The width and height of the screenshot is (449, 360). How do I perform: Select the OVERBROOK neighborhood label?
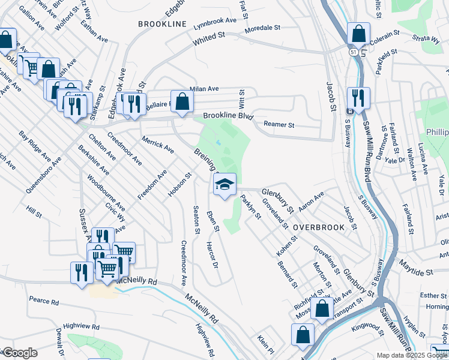[x=319, y=228]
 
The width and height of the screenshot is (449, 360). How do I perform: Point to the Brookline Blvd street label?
[x=228, y=115]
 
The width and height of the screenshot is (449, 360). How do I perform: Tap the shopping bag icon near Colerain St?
[x=358, y=35]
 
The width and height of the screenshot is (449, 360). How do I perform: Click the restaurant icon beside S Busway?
[x=358, y=98]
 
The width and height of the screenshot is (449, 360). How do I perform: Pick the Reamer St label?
[x=279, y=125]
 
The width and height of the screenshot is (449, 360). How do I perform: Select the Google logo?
[x=19, y=353]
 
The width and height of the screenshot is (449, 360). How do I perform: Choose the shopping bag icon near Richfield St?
[x=322, y=308]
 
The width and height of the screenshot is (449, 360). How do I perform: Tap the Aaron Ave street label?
[x=312, y=200]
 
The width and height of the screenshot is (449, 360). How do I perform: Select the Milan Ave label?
[x=204, y=89]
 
